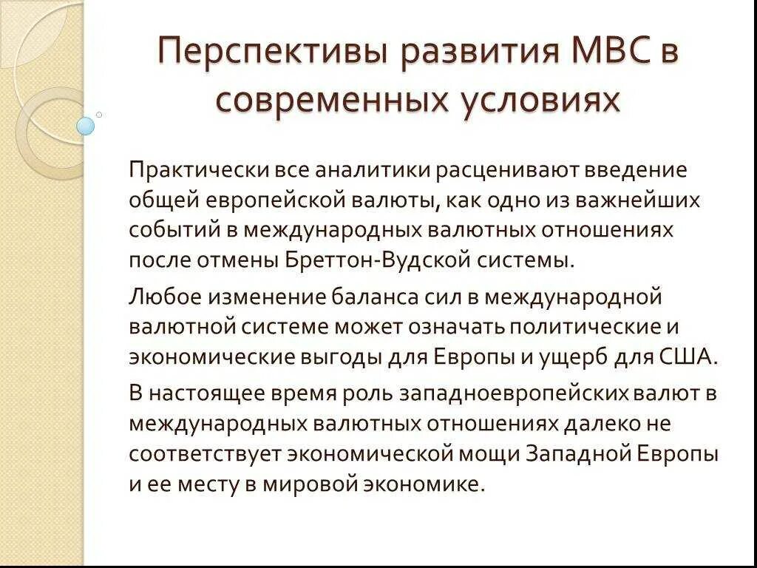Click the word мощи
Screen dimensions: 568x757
(492, 453)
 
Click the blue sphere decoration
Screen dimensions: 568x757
(86, 126)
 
